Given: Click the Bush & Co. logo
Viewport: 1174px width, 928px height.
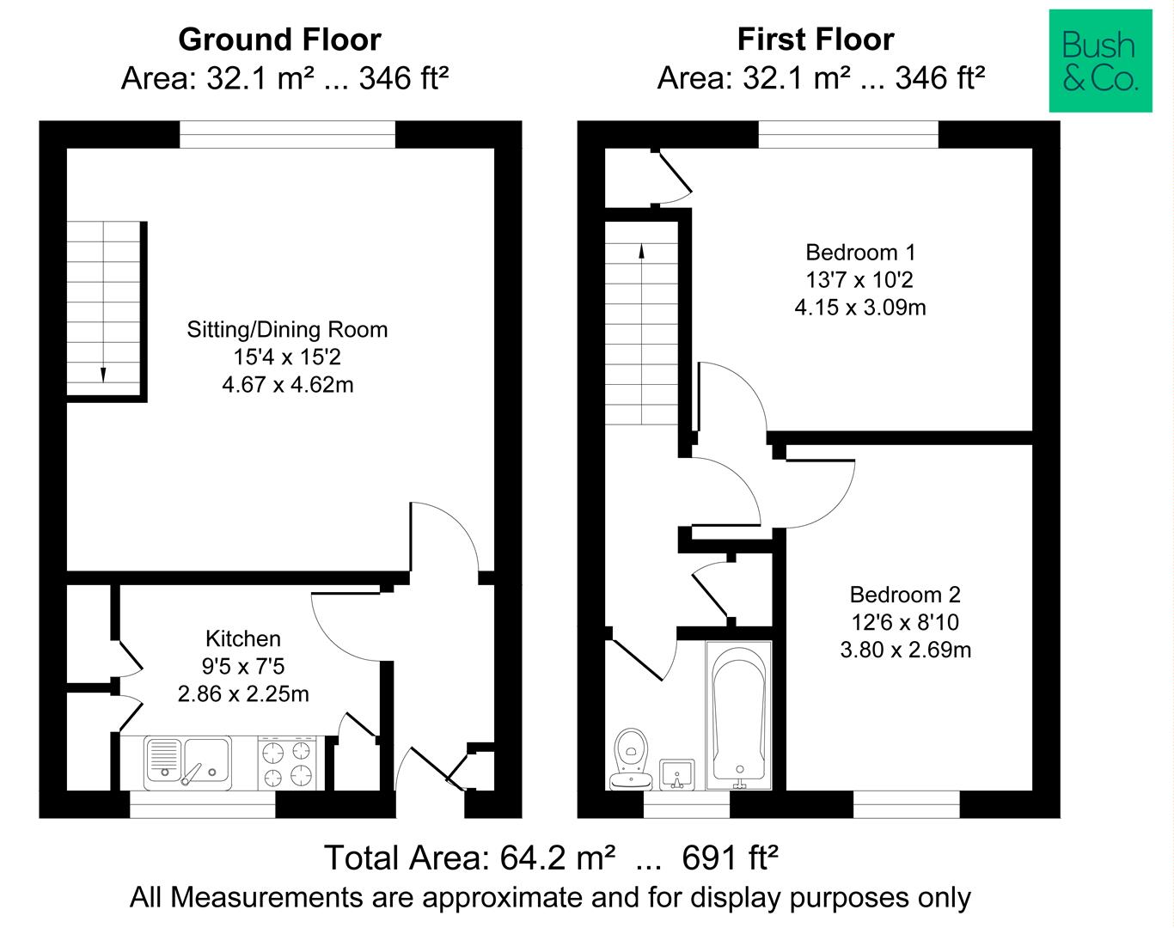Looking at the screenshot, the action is coord(1100,60).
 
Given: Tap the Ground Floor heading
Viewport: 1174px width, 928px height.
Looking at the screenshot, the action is coord(280,40).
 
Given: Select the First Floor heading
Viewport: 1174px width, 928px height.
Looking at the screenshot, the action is coord(816,40).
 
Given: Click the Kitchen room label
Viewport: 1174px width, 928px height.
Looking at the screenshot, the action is coord(243,638).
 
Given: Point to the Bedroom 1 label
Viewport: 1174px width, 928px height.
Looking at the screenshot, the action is coord(860,252).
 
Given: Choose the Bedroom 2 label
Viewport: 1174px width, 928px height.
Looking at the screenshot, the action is coord(905,594).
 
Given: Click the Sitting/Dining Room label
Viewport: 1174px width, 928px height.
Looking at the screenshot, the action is coord(288,329).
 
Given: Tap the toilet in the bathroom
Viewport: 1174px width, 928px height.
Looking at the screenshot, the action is coord(631,759).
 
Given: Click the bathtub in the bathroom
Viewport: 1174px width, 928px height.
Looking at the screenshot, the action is coord(738,716).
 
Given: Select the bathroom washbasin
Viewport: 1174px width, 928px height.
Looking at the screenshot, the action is coord(677,774).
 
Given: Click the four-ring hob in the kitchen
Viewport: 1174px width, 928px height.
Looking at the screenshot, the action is coord(287,763).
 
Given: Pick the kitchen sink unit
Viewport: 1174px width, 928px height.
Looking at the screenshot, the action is coord(187,763).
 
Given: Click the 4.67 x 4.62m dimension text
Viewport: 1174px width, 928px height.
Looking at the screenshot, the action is coord(288,385).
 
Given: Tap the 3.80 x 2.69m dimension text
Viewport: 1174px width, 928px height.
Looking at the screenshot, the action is coord(906,650).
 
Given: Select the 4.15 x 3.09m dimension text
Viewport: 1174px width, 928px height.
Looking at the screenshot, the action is coord(860,307).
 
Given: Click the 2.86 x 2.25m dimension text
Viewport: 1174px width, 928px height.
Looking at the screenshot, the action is coord(243,693).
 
